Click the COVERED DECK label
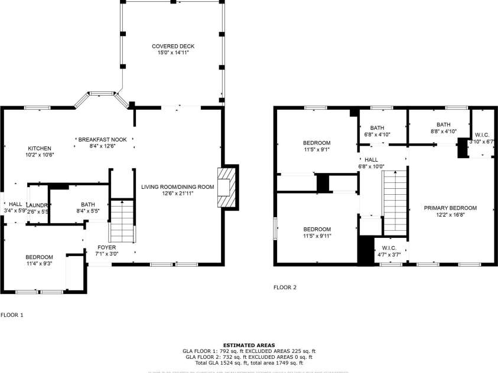[172, 46]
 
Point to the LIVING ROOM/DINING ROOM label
[177, 187]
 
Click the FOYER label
[106, 247]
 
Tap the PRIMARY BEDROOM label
[450, 208]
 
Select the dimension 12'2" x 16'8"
[450, 215]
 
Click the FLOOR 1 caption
[12, 315]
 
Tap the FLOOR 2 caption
[285, 287]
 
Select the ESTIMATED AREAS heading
[249, 345]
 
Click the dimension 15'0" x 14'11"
[172, 53]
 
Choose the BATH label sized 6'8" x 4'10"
[377, 127]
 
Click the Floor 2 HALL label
[371, 159]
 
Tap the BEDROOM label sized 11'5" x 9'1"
[317, 143]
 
